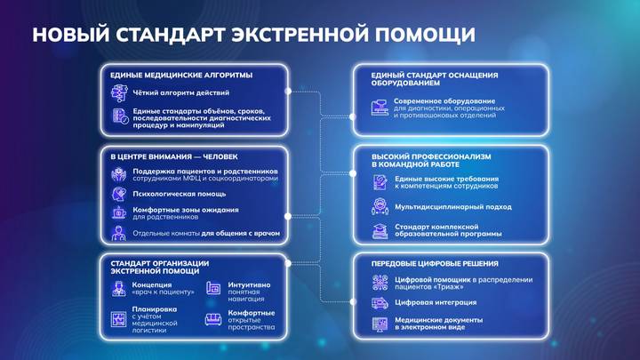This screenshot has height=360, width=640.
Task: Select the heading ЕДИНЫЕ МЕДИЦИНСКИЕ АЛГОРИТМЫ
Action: point(181,75)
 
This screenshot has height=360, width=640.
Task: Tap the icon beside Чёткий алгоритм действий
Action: point(119,93)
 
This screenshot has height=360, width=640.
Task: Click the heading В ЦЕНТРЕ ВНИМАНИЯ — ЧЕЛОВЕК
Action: point(174,157)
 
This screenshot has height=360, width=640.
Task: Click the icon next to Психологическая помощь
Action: point(119,193)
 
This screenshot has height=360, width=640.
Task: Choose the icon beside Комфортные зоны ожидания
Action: point(119,213)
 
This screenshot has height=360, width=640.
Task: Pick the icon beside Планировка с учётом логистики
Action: point(119,319)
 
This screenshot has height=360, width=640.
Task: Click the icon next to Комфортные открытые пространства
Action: point(213,319)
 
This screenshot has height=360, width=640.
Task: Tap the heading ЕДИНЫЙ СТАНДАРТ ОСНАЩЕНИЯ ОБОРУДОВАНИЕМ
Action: point(434,80)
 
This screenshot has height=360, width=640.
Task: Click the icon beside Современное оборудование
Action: point(380,108)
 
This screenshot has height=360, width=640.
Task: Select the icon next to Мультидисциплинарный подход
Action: point(380,207)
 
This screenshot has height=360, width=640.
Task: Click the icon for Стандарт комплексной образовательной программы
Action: point(380,230)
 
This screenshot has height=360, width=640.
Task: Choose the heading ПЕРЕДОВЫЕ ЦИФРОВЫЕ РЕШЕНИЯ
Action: point(435,263)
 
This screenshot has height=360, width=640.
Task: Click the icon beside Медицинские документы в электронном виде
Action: point(380,324)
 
